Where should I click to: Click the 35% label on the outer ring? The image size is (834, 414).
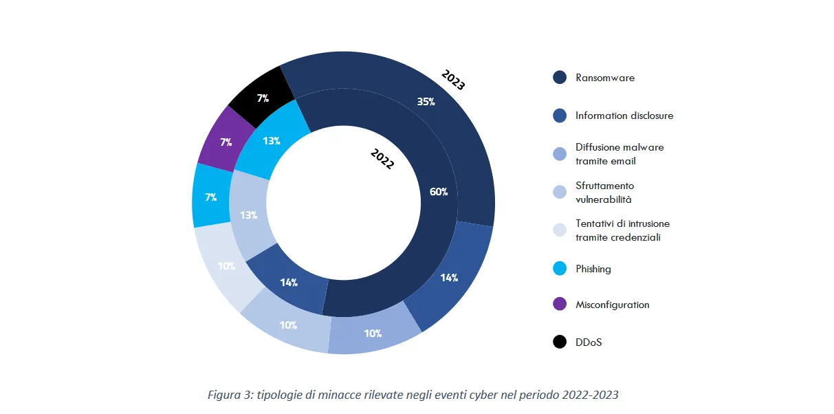point(426,102)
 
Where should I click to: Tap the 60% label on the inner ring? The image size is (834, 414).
point(439,192)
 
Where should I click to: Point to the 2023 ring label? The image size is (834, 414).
point(453,80)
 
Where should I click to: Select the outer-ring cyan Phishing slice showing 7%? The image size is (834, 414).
point(210,197)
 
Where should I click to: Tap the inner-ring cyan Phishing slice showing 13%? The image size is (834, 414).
point(271,140)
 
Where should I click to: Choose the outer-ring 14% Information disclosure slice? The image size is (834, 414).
point(450,277)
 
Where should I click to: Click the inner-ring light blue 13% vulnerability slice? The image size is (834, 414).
point(249,215)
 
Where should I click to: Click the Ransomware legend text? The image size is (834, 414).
point(605,78)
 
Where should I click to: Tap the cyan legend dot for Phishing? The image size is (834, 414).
point(560,269)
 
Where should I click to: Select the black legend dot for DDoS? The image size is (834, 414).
point(560,342)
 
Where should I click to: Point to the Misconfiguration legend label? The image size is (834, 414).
point(612,305)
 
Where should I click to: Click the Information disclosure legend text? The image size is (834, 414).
point(624,116)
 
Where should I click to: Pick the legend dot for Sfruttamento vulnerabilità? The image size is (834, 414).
point(560,193)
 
